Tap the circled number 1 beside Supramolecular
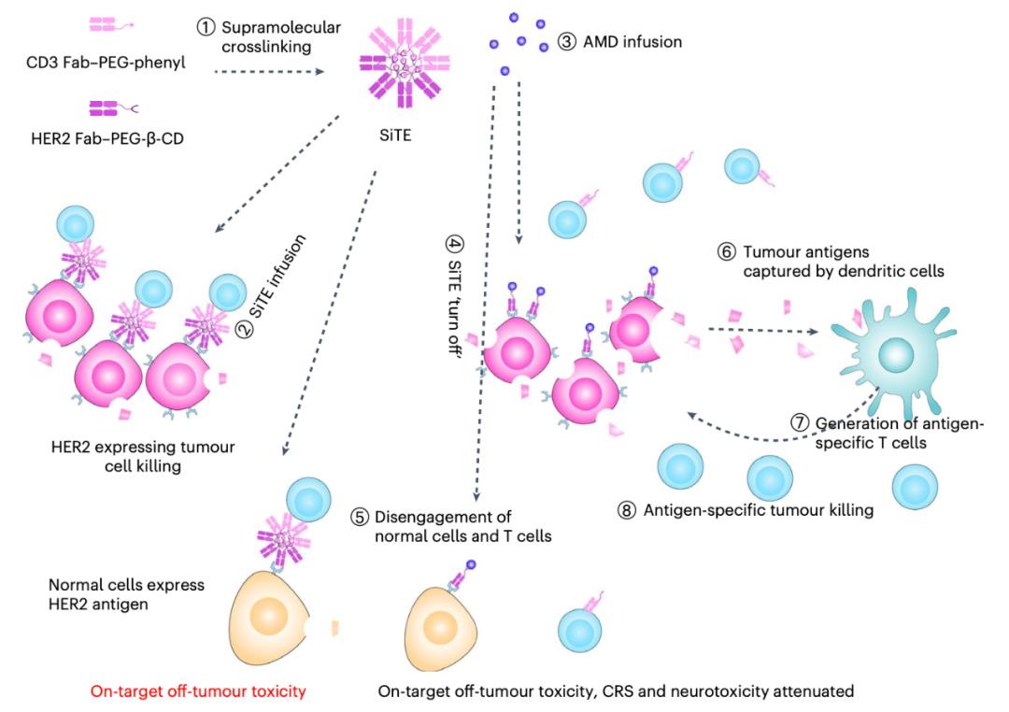click(206, 27)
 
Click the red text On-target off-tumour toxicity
click(198, 692)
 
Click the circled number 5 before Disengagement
click(359, 518)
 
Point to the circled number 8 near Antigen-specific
click(627, 510)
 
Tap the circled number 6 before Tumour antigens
click(727, 252)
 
